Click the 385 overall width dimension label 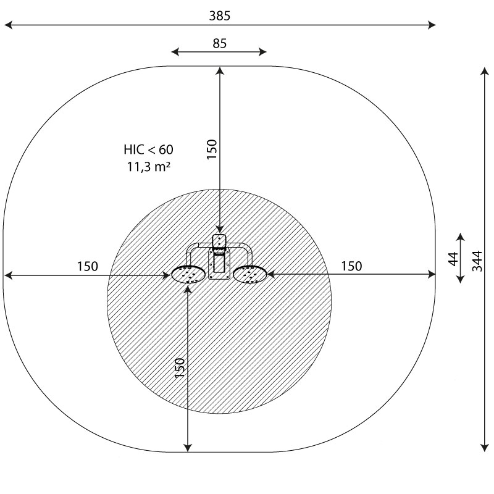click(220, 16)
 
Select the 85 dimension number click(219, 43)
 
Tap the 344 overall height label click(477, 261)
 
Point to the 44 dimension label click(453, 259)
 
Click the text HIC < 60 click(148, 149)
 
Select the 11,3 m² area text click(148, 166)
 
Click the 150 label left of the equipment click(88, 266)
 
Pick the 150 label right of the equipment click(351, 266)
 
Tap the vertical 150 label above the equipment click(212, 149)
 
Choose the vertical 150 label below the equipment click(180, 368)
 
